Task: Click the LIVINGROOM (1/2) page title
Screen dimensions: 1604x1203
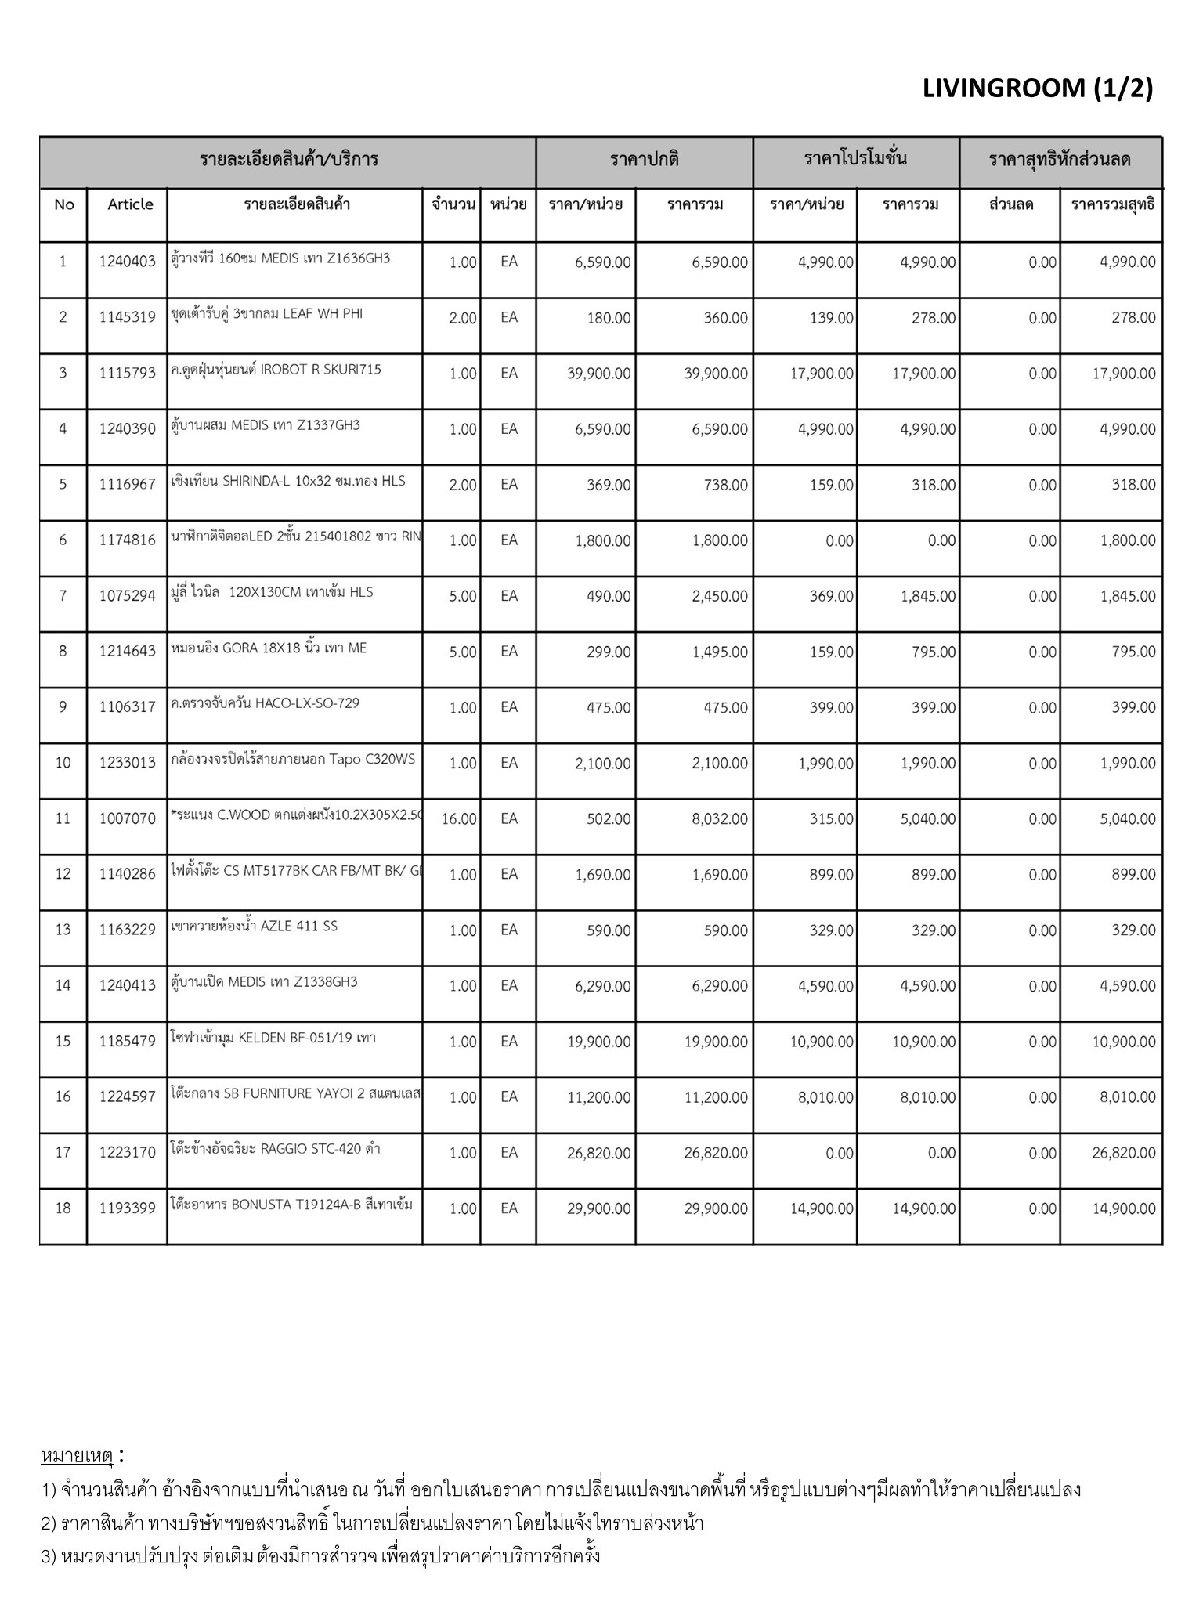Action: click(1037, 89)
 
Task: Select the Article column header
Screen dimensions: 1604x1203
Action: click(130, 204)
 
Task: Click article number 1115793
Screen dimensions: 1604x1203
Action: click(127, 374)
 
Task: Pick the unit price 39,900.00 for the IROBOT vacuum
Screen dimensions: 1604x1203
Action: click(598, 374)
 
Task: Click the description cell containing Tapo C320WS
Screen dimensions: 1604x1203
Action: click(293, 760)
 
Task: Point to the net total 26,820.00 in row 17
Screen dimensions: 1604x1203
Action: click(1123, 1153)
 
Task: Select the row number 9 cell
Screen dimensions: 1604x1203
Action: click(63, 707)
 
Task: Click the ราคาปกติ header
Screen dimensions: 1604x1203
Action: click(644, 160)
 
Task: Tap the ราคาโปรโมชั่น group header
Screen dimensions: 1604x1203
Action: click(855, 159)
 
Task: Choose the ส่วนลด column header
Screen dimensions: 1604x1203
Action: click(1010, 205)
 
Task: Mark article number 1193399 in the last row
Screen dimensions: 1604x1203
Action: click(127, 1208)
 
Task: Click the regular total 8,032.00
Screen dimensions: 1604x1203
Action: click(719, 819)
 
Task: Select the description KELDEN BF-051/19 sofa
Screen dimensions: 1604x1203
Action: click(273, 1039)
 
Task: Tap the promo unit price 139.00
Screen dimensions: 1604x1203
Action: click(831, 318)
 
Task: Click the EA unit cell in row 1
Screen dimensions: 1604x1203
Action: click(509, 262)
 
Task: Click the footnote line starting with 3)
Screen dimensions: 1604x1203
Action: click(321, 1555)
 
